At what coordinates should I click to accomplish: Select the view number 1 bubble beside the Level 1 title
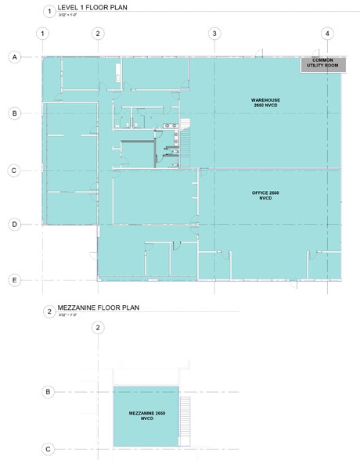click(x=49, y=11)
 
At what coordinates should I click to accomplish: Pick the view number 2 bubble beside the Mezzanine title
click(x=49, y=311)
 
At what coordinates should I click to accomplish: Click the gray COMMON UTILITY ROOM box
click(x=322, y=63)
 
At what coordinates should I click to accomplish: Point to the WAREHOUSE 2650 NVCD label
click(x=265, y=104)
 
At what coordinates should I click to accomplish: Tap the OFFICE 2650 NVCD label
click(x=265, y=196)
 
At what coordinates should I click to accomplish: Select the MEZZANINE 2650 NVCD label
click(x=146, y=415)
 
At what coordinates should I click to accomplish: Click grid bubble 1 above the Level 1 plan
click(x=42, y=33)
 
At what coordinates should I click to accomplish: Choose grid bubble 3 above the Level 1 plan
click(x=214, y=33)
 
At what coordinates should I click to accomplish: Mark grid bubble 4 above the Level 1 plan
click(x=327, y=33)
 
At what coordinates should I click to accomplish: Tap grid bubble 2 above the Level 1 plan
click(x=97, y=33)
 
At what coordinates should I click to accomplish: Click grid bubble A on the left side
click(x=13, y=57)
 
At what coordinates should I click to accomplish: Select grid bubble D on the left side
click(x=13, y=224)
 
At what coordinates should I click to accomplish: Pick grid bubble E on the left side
click(x=13, y=279)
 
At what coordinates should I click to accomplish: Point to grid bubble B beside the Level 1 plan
click(x=13, y=113)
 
